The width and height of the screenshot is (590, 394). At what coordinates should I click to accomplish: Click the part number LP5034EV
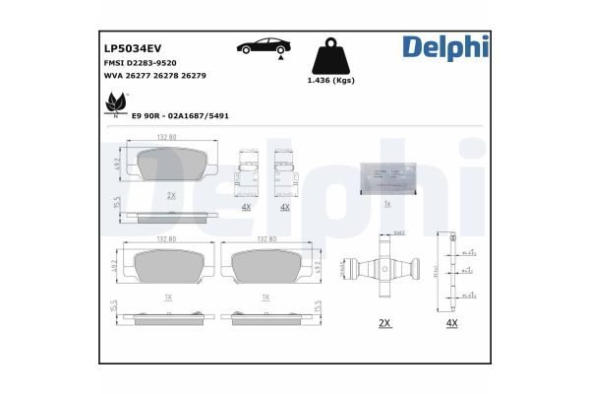pos(132,45)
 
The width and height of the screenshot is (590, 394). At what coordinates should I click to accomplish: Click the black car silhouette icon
pos(263,45)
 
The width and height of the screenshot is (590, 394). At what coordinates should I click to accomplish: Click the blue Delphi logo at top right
pos(443,45)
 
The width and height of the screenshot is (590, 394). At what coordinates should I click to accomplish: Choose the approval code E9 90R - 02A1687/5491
pos(186,114)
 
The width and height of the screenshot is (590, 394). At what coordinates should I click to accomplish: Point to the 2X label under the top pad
pos(171,195)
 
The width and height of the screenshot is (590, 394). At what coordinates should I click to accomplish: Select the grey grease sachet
pos(387,178)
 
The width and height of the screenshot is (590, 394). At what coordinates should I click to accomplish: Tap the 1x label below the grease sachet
pos(387,204)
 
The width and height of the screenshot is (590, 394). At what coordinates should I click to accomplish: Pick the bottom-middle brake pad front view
pos(265,264)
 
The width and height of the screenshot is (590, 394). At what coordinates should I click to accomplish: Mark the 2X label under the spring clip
pos(384,322)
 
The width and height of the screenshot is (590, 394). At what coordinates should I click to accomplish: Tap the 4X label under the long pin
pos(451,322)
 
